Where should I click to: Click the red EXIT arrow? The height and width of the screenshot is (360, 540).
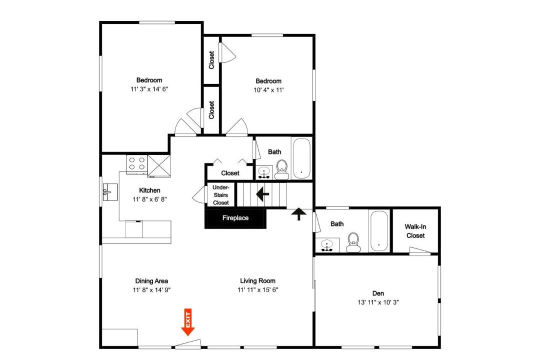[188, 322]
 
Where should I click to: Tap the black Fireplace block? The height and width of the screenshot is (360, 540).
[235, 218]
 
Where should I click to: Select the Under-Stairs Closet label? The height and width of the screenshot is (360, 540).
[221, 195]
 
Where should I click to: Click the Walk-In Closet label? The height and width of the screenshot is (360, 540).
[415, 231]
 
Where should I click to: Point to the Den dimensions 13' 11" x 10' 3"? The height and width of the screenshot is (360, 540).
[378, 302]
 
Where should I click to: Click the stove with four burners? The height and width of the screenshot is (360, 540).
[136, 164]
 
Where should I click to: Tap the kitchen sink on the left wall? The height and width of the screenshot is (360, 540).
[110, 192]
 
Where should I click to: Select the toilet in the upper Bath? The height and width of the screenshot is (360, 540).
[282, 169]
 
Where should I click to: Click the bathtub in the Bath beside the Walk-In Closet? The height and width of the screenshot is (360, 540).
[378, 231]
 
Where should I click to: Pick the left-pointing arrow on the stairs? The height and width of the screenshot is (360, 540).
[263, 194]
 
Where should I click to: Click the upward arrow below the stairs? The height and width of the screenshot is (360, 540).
[298, 214]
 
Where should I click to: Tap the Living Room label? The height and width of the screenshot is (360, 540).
[257, 281]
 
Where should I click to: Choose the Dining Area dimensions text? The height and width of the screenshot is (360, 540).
[151, 290]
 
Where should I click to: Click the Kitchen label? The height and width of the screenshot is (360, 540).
[149, 190]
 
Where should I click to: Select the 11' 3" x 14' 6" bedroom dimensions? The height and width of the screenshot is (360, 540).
[149, 89]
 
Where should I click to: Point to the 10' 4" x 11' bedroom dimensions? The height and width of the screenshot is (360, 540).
[268, 90]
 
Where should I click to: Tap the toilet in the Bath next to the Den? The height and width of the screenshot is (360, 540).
[353, 242]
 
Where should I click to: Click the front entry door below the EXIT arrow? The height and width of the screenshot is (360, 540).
[187, 343]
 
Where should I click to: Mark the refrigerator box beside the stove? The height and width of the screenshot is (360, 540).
[159, 166]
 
